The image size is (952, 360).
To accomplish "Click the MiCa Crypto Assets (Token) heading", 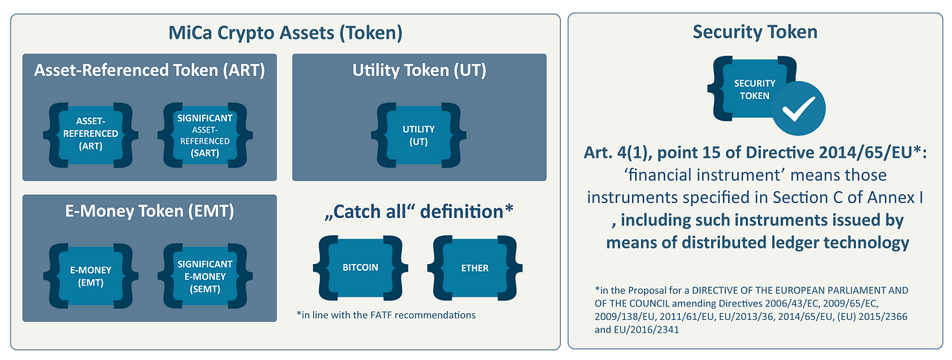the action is pos(285,33).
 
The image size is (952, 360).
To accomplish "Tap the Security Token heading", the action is pos(755,32).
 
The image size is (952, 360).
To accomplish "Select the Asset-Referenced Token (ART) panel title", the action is pos(149,70).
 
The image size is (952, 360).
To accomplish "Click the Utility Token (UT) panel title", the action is pos(419,70).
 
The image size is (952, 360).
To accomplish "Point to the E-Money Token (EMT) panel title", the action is pos(149,211).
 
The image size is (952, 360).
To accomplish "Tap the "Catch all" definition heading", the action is pos(419,212).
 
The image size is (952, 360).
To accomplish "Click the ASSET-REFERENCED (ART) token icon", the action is pos(91,135).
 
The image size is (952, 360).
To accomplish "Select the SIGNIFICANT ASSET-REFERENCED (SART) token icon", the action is pos(205,135).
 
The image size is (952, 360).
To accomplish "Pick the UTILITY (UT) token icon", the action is pos(419,135).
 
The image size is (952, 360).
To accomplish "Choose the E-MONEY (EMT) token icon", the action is pos(91,276).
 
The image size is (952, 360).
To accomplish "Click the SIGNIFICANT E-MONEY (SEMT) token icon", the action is pos(205,276).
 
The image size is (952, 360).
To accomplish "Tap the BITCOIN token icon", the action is pos(361,268).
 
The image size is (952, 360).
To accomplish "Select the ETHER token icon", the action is pos(475,268).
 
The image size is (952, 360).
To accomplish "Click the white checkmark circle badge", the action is pos(799,109).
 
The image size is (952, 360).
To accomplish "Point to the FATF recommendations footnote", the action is pos(386,315).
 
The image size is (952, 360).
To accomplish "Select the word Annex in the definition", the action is pos(891,198).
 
